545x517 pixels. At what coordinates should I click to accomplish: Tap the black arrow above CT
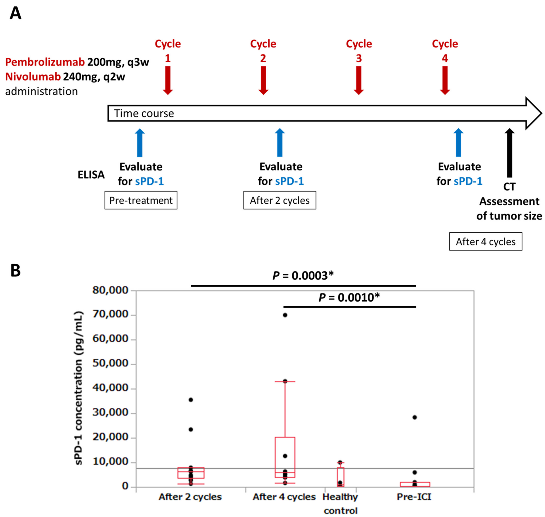(509, 153)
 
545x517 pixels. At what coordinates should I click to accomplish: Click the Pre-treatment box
(141, 200)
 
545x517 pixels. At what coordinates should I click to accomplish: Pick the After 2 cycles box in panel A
(280, 200)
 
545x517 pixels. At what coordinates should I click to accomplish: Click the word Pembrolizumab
(45, 62)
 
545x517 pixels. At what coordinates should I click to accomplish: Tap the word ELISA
(91, 175)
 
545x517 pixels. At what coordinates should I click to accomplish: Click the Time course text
(144, 113)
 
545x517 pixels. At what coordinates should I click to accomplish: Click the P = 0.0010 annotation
(349, 297)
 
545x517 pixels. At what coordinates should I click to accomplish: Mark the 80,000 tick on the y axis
(110, 290)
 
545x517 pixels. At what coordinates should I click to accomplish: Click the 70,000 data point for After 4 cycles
(285, 315)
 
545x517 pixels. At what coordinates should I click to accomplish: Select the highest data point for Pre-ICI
(415, 417)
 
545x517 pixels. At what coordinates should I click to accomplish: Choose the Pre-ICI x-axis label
(414, 497)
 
